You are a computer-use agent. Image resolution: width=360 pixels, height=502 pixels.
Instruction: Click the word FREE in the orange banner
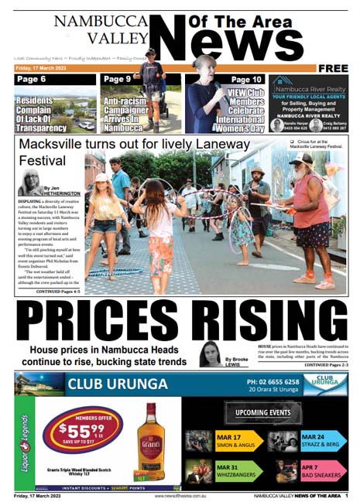click(x=333, y=69)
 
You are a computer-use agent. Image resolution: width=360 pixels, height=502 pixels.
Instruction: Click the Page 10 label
click(x=246, y=80)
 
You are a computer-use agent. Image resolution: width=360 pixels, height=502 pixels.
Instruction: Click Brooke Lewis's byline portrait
click(x=209, y=353)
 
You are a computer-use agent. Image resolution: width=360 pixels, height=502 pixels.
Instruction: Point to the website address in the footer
click(x=180, y=496)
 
